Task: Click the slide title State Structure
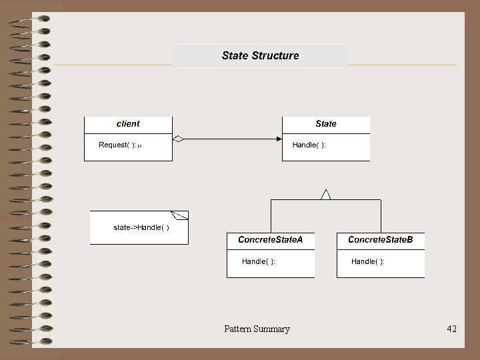tap(260, 55)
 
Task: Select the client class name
tap(128, 123)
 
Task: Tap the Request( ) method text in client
tap(117, 145)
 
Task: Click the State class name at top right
tap(326, 123)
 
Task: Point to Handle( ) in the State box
tap(309, 145)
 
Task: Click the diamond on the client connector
tap(178, 139)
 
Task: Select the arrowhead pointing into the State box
tap(279, 139)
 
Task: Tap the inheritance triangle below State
tap(325, 195)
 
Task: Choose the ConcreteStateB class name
tap(380, 239)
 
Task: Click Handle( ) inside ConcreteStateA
tap(259, 261)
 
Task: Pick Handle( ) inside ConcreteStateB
tap(368, 261)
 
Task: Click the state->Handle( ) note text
tap(141, 227)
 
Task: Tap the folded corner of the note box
tap(181, 215)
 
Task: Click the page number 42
tap(451, 329)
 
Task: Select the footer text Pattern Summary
tap(257, 329)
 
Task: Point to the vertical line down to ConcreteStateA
tap(271, 216)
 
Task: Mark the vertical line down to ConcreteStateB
tap(381, 216)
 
